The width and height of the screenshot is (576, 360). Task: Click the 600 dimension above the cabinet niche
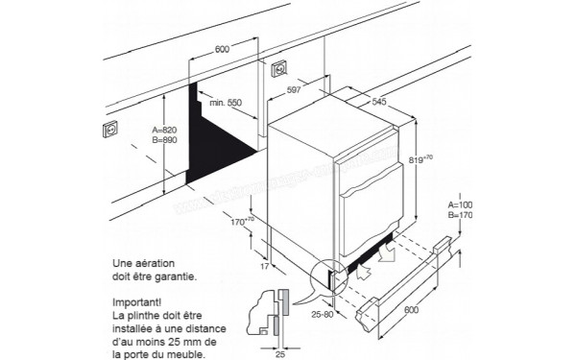pos(222,49)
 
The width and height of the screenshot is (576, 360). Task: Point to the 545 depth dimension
pos(381,99)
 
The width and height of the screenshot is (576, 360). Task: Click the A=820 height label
pos(165,130)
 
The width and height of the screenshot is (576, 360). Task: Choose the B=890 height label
pos(165,140)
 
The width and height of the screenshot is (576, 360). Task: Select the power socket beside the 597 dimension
pos(282,68)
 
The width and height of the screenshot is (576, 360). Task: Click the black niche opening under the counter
pos(216,134)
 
